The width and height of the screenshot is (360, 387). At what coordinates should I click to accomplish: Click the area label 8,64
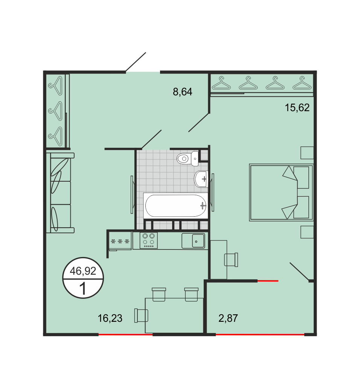[x=183, y=92]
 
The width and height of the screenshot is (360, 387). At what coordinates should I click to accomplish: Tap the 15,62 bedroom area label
[x=297, y=108]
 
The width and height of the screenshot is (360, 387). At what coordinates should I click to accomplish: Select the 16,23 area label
[x=110, y=318]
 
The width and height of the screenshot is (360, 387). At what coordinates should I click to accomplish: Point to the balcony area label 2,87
[x=228, y=318]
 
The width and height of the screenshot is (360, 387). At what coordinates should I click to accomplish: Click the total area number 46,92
[x=83, y=271]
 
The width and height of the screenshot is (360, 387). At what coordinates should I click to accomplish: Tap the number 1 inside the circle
[x=83, y=289]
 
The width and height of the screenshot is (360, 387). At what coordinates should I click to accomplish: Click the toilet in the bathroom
[x=188, y=158]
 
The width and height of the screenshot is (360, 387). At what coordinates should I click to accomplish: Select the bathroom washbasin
[x=201, y=179]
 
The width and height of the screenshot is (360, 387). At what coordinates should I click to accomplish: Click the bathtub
[x=175, y=206]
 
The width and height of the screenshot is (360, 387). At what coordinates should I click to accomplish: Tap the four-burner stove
[x=148, y=240]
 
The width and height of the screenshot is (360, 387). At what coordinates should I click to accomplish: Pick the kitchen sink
[x=193, y=241]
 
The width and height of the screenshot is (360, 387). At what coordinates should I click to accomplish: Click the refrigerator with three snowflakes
[x=120, y=241]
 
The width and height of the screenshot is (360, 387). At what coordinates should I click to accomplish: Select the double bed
[x=281, y=192]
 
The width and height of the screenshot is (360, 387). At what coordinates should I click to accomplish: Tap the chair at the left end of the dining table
[x=141, y=315]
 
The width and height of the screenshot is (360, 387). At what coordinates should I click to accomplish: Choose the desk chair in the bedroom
[x=231, y=260]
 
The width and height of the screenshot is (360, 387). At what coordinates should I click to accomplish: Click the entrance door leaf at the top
[x=136, y=62]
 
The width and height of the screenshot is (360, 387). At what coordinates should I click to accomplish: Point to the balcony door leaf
[x=299, y=272]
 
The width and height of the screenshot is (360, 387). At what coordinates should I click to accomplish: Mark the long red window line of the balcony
[x=260, y=335]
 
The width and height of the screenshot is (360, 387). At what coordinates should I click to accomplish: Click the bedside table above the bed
[x=307, y=153]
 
